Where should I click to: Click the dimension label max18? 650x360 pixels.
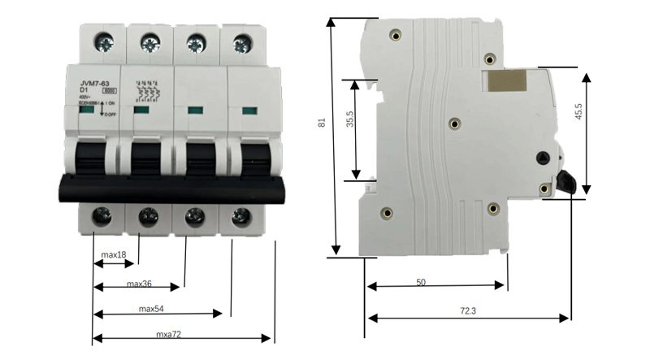click(x=114, y=255)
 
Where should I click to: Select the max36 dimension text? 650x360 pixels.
click(x=141, y=284)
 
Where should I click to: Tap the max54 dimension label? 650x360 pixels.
click(x=152, y=309)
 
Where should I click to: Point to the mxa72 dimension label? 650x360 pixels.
click(x=169, y=334)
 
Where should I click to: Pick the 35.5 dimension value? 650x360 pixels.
click(x=349, y=126)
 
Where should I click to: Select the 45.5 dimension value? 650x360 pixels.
click(x=600, y=112)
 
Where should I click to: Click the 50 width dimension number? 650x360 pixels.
click(x=421, y=282)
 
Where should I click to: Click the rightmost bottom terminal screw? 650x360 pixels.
click(x=240, y=216)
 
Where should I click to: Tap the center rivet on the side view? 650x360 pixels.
click(x=454, y=124)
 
